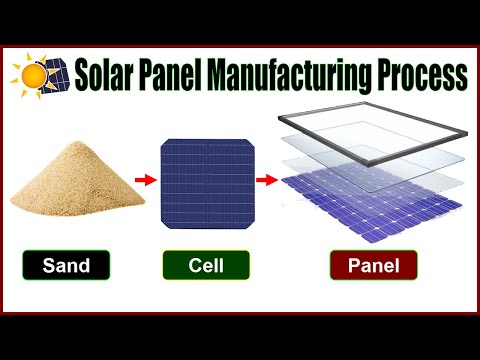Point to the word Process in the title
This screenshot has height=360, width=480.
[421, 74]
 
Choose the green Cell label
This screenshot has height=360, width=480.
[207, 267]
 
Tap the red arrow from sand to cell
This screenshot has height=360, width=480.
[145, 182]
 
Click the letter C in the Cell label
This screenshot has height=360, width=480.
[192, 267]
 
